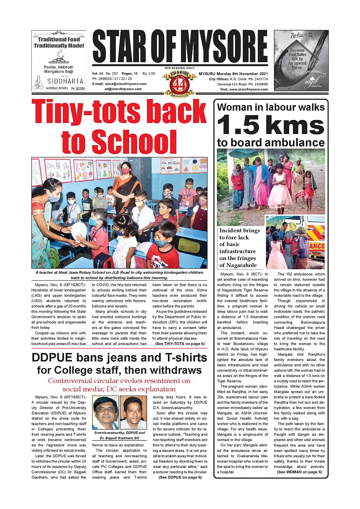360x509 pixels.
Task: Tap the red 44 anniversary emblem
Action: click(x=179, y=83)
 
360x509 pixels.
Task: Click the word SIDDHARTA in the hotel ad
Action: click(x=65, y=81)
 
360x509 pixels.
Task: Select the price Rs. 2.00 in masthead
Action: click(x=149, y=73)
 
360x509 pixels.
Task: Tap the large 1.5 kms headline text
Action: click(x=270, y=125)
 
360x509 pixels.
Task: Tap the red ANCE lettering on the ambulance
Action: click(x=317, y=246)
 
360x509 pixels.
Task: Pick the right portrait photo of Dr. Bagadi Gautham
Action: click(x=133, y=413)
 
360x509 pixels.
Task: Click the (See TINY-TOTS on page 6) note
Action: click(x=180, y=344)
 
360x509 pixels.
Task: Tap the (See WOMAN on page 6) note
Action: click(x=299, y=472)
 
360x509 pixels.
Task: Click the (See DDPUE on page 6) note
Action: click(x=180, y=477)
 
